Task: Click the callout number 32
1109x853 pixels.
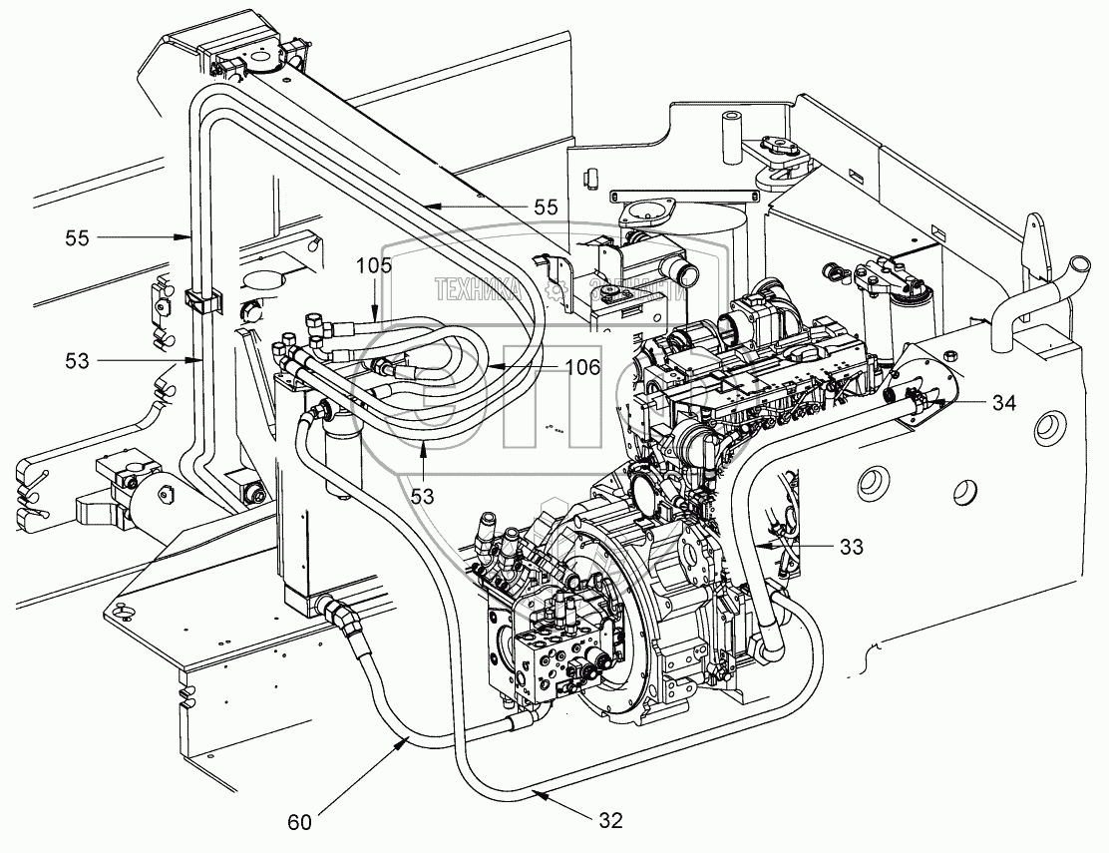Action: coord(610,820)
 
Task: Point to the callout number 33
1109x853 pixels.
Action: coord(851,547)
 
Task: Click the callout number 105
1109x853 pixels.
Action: coord(374,266)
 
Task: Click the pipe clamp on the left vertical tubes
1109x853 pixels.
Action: coord(199,298)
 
